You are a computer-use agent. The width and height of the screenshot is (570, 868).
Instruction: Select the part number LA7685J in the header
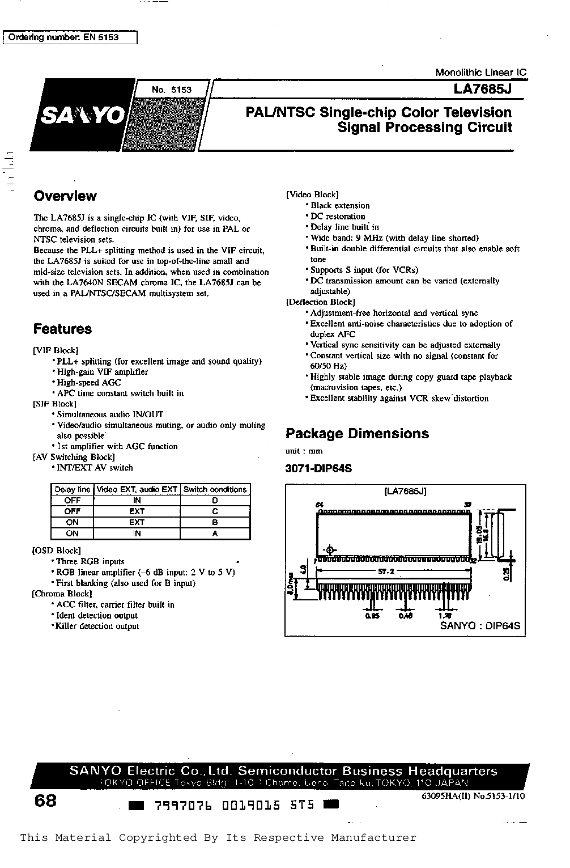click(x=482, y=90)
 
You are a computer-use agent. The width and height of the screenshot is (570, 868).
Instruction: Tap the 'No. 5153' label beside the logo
click(x=172, y=90)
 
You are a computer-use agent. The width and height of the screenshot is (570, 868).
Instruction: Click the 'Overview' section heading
click(x=65, y=196)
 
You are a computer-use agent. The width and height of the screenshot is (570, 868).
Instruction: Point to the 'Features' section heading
click(x=62, y=329)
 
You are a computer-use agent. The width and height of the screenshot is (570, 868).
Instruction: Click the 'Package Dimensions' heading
click(x=357, y=434)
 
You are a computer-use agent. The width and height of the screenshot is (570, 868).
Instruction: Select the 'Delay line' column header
click(x=72, y=489)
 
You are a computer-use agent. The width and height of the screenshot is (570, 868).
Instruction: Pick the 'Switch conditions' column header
click(x=215, y=489)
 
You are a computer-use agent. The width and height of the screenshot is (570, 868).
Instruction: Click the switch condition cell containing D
click(x=215, y=500)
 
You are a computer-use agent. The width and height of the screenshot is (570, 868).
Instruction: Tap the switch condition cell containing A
click(x=215, y=533)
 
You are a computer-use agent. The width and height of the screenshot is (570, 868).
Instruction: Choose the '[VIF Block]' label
click(x=56, y=350)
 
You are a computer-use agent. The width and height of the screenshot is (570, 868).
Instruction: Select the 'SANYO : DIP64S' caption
click(x=480, y=626)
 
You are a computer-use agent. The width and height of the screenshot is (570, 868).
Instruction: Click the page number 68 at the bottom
click(x=45, y=801)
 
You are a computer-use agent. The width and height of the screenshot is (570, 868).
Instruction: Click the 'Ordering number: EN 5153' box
click(x=71, y=37)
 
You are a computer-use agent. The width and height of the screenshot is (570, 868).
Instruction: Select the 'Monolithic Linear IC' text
click(x=480, y=73)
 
